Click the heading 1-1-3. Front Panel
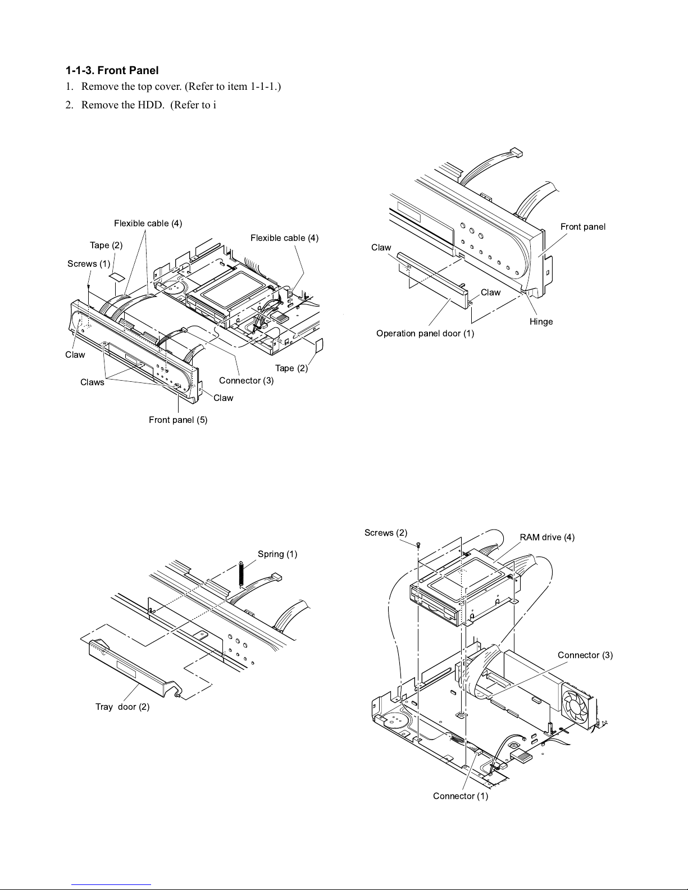pos(112,70)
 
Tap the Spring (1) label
pos(277,554)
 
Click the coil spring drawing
pos(241,574)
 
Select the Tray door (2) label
pos(122,706)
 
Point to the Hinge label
pos(541,322)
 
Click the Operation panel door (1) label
pos(425,334)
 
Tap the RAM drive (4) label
pos(547,537)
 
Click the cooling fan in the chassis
pos(576,705)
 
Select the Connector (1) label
pos(461,796)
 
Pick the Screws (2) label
pos(386,532)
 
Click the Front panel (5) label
pos(178,420)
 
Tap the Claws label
pos(92,382)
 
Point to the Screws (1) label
pos(89,264)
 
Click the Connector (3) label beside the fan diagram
pos(585,655)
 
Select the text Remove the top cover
pos(131,86)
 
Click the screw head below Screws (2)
pos(418,545)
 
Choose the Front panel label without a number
pos(583,226)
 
